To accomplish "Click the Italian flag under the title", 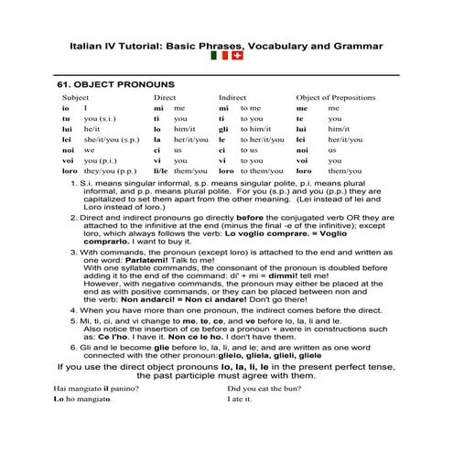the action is pyautogui.click(x=220, y=57).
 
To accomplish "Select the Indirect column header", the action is pyautogui.click(x=232, y=96).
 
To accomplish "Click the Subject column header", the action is pyautogui.click(x=75, y=96).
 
